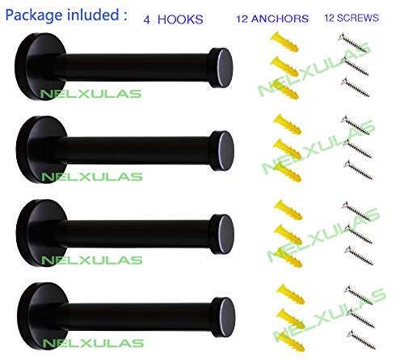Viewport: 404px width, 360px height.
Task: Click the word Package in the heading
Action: pyautogui.click(x=34, y=15)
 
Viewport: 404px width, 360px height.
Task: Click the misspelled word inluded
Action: pyautogui.click(x=93, y=14)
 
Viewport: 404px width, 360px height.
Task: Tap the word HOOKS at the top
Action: pyautogui.click(x=180, y=19)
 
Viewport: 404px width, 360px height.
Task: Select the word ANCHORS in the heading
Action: pyautogui.click(x=280, y=19)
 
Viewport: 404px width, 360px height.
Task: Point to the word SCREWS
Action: pyautogui.click(x=358, y=18)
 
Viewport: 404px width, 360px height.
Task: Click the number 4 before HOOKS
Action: pyautogui.click(x=146, y=19)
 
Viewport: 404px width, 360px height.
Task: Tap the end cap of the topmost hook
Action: pyautogui.click(x=221, y=68)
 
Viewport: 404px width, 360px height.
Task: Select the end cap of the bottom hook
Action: pyautogui.click(x=223, y=317)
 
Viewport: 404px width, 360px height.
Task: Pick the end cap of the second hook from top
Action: pyautogui.click(x=222, y=150)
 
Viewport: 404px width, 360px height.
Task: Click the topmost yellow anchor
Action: pyautogui.click(x=284, y=42)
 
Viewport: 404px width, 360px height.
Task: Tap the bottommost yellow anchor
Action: pyautogui.click(x=290, y=341)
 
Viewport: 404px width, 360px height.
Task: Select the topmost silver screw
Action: pyautogui.click(x=353, y=43)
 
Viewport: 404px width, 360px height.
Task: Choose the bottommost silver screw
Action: pyautogui.click(x=361, y=339)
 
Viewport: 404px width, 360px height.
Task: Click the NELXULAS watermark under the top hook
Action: pyautogui.click(x=90, y=94)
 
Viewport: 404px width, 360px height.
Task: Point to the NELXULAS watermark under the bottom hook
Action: pyautogui.click(x=93, y=343)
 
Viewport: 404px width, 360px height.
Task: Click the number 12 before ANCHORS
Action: pyautogui.click(x=242, y=19)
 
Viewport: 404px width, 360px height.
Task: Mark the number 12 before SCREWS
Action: pyautogui.click(x=330, y=18)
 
